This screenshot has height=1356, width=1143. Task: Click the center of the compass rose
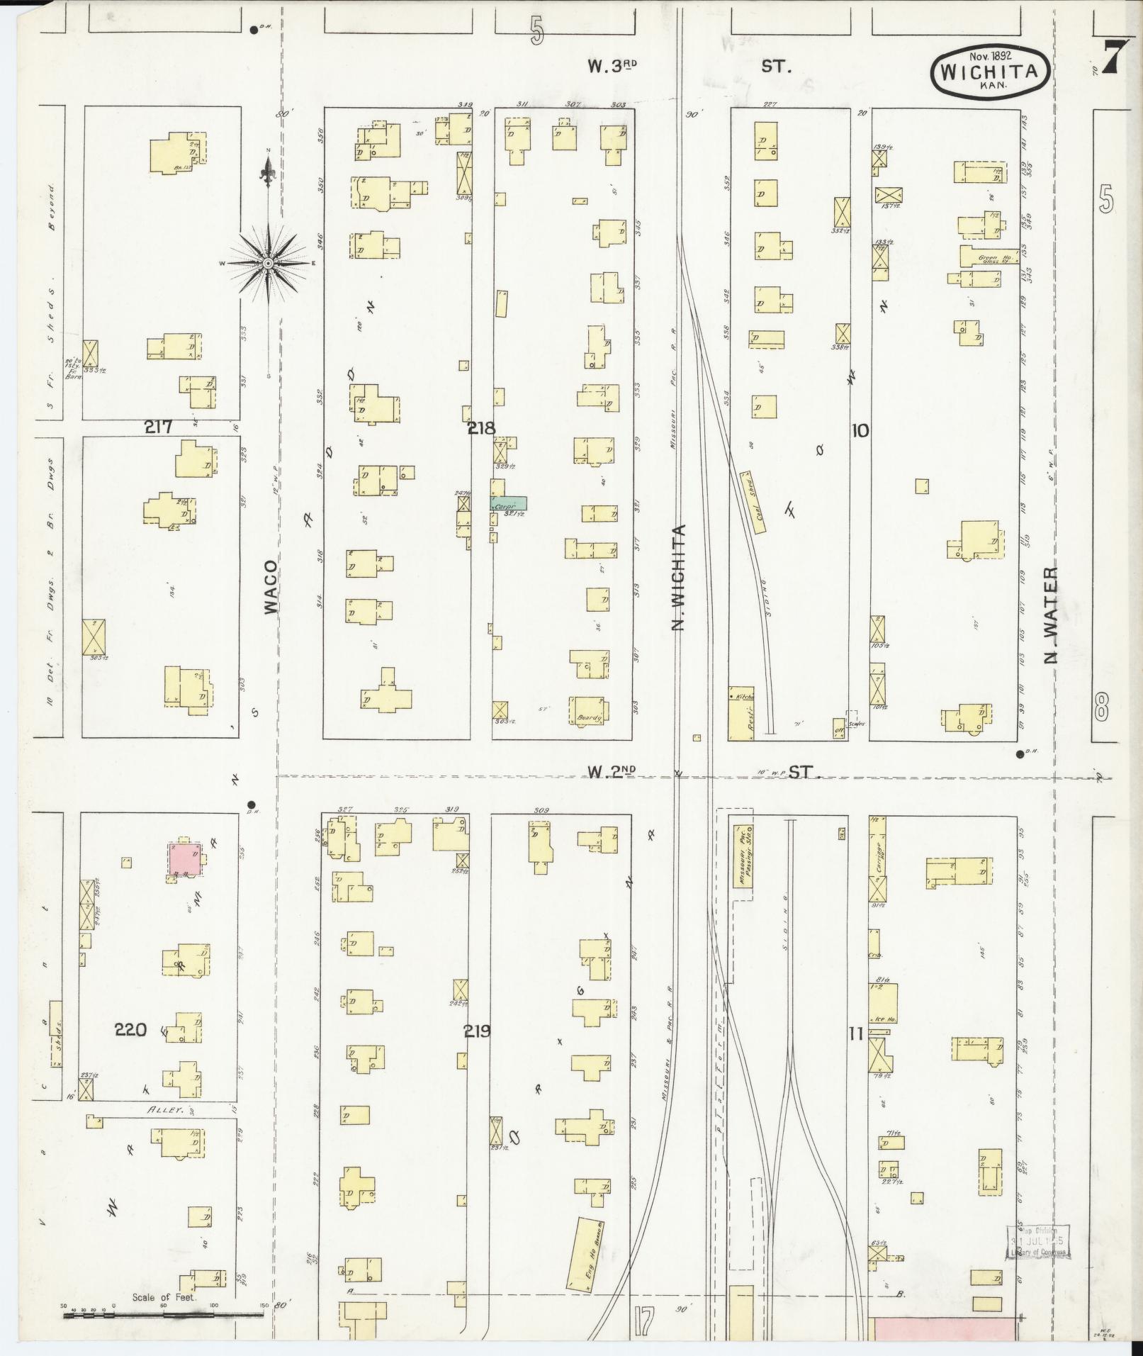(x=268, y=264)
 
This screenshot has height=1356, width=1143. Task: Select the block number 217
(x=159, y=427)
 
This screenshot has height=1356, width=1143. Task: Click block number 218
(x=481, y=428)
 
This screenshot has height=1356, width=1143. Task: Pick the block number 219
(x=476, y=1031)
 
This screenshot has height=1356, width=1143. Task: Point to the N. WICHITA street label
(x=680, y=578)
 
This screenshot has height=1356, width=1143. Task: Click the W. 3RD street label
(x=613, y=66)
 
